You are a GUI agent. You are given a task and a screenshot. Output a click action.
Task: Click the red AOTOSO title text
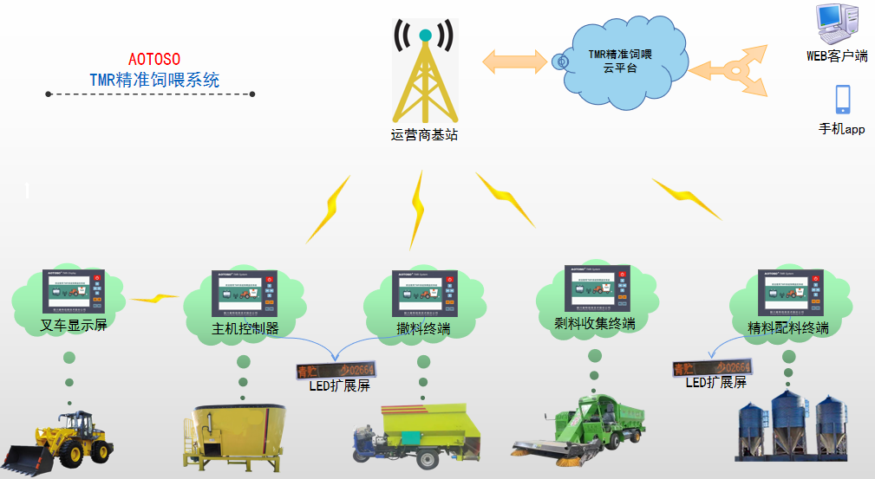[x=153, y=59]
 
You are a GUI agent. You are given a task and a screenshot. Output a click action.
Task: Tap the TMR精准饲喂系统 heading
[x=154, y=81]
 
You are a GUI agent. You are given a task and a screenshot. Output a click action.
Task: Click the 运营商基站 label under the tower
[x=424, y=134]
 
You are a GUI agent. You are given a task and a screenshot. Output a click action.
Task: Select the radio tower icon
[x=424, y=74]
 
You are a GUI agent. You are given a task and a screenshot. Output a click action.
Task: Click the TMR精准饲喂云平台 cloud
[x=619, y=61]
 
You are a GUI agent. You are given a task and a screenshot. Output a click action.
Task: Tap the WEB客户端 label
[x=837, y=56]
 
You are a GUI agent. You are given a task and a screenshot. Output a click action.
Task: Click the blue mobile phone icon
[x=842, y=100]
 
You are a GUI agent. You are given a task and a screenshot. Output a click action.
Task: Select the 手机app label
[x=842, y=130]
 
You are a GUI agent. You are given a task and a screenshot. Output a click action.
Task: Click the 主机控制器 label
[x=245, y=328]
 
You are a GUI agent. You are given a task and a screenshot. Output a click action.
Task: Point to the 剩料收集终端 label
[x=594, y=324]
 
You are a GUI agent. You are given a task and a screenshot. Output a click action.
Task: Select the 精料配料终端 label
[x=787, y=327]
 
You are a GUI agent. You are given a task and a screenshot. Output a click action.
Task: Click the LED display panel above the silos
[x=710, y=368]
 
